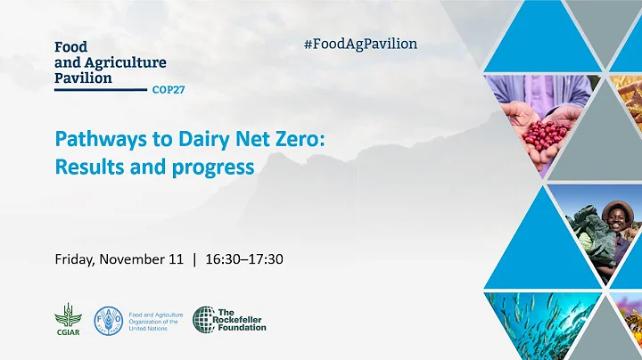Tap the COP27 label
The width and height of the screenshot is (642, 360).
point(169,90)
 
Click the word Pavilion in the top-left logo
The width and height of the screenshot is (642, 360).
point(84,78)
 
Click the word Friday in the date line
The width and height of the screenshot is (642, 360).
point(74,259)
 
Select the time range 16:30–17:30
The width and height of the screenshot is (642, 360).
point(244,259)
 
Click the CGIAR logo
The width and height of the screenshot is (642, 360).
point(66,318)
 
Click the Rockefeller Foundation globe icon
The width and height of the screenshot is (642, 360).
point(204,319)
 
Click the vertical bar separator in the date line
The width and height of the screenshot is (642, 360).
point(193,259)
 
